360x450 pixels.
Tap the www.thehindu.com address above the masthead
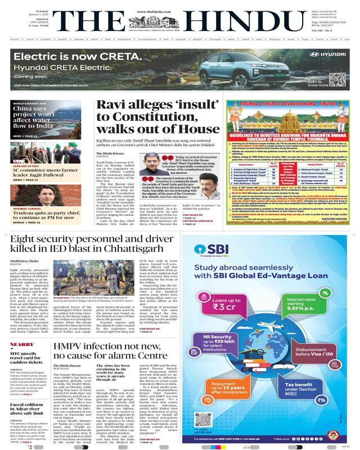click(x=180, y=3)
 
